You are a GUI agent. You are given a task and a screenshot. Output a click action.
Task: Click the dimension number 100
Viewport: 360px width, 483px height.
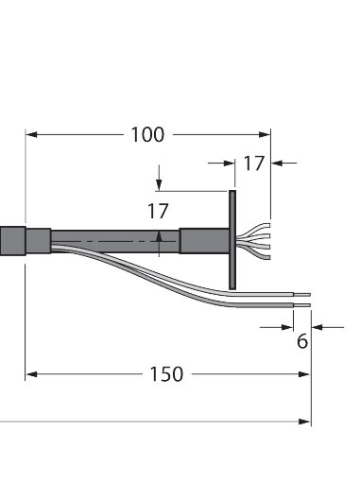click(x=146, y=134)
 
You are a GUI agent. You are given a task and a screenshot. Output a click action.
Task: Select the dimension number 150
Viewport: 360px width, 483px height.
click(x=166, y=374)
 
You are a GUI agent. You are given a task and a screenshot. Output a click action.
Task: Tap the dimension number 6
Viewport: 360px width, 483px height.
click(x=302, y=341)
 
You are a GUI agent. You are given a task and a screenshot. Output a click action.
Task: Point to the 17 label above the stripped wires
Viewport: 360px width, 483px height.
click(x=253, y=164)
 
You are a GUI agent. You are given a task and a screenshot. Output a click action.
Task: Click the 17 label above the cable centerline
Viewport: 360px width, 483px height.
click(x=158, y=212)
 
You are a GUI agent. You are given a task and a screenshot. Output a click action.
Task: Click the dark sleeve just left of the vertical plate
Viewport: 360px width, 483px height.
click(x=203, y=242)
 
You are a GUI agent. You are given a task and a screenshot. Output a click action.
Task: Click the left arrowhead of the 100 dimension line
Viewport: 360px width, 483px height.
click(x=30, y=134)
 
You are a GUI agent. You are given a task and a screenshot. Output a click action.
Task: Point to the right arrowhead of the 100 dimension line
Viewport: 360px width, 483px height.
click(x=266, y=134)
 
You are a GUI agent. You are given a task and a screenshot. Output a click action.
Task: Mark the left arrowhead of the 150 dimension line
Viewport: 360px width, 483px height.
click(x=30, y=374)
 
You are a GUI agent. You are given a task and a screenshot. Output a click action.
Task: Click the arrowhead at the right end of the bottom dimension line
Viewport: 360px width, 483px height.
click(x=304, y=422)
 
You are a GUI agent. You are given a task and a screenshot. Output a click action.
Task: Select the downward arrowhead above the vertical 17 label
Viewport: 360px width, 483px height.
click(x=159, y=183)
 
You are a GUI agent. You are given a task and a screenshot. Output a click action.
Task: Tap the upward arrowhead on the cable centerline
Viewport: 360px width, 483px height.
click(x=159, y=235)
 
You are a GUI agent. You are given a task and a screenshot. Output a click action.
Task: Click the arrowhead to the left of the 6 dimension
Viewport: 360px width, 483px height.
click(x=285, y=327)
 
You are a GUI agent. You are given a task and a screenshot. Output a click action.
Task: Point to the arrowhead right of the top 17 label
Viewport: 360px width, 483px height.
click(x=277, y=164)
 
